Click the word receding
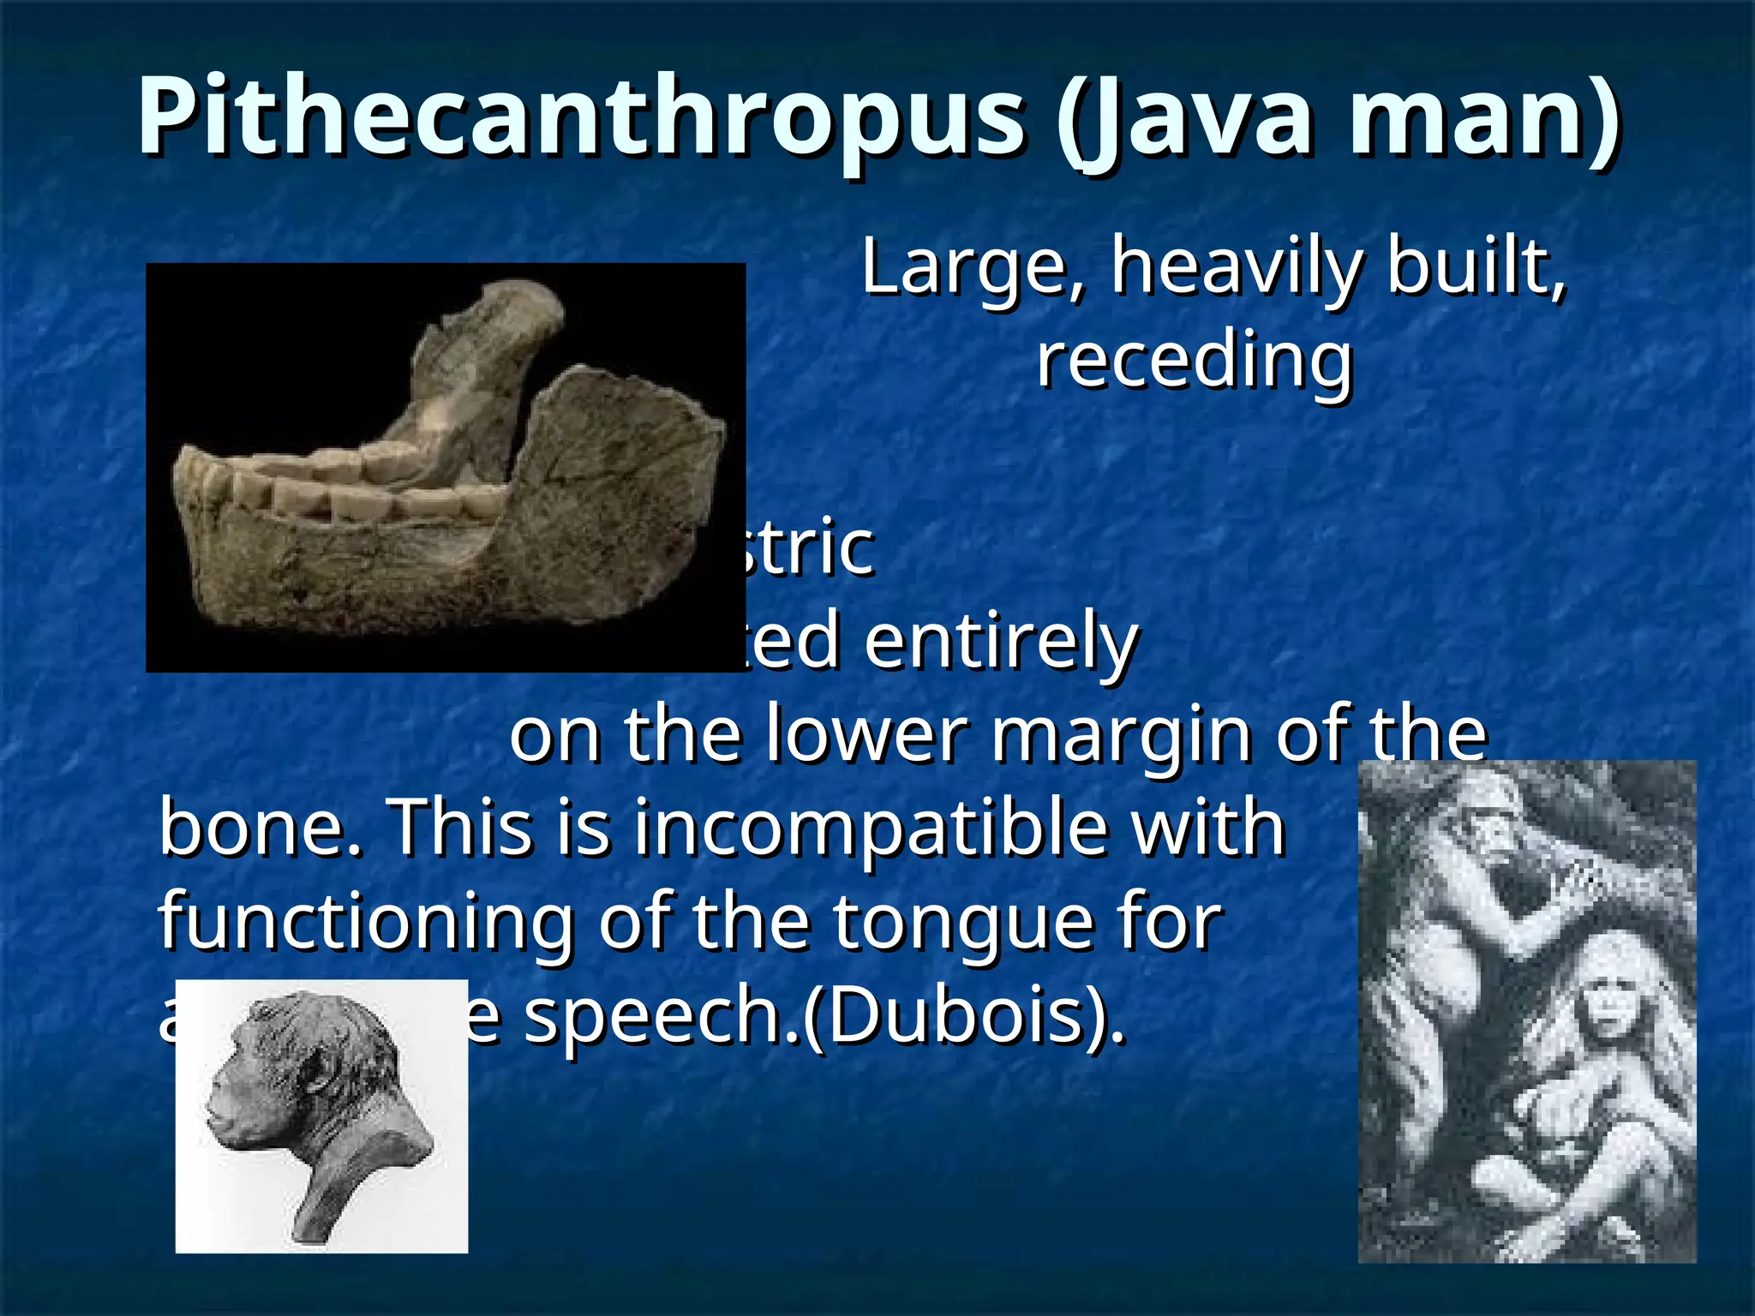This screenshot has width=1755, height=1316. coord(1195,360)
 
